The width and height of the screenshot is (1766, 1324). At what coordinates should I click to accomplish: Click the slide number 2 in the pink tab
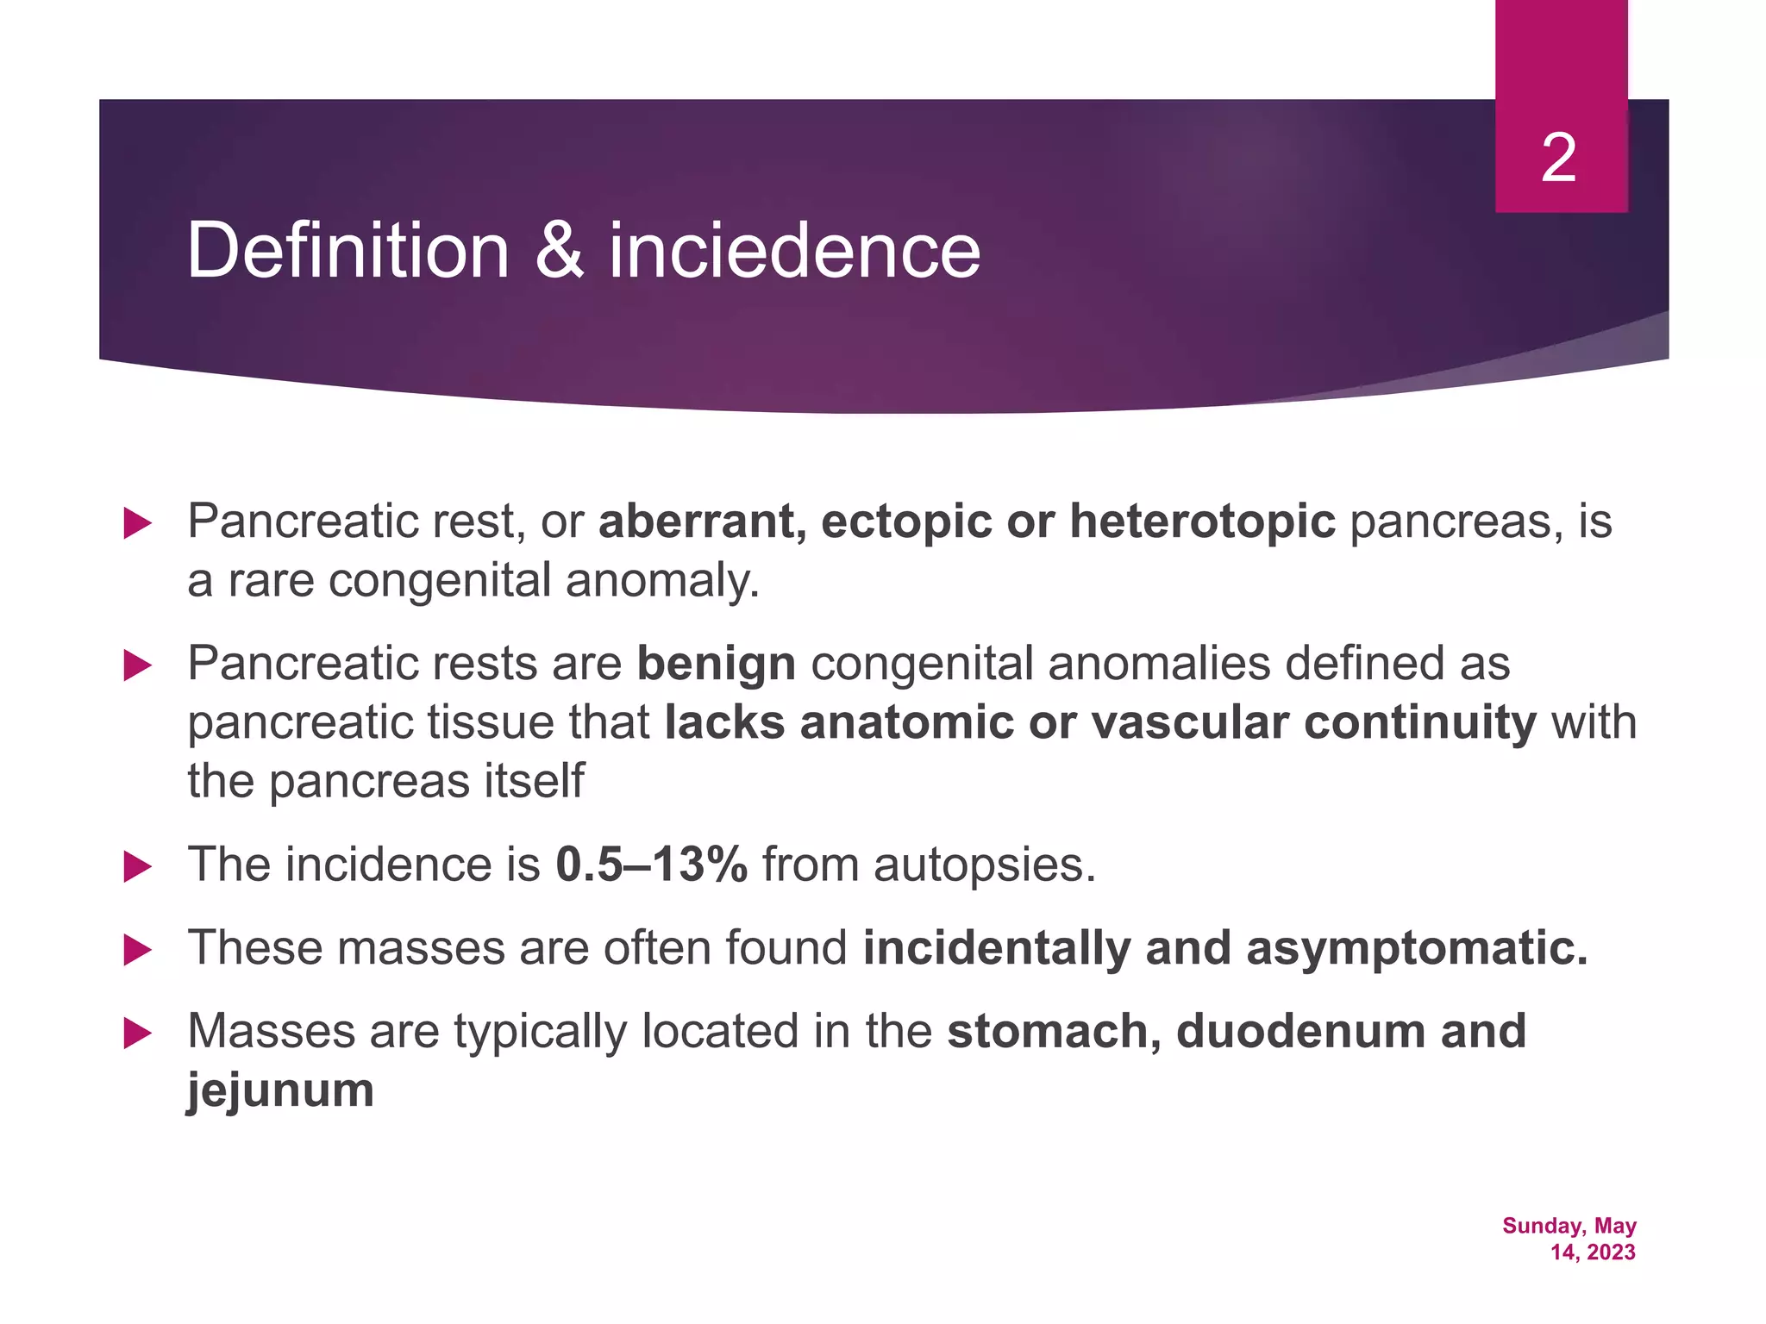1558,159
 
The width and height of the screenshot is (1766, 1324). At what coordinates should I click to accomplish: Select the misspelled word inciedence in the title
794,251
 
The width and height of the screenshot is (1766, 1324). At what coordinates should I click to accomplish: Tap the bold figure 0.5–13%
651,865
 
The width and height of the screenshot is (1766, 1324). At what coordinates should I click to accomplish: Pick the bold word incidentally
996,948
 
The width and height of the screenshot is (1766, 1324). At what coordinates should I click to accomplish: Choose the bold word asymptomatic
1416,948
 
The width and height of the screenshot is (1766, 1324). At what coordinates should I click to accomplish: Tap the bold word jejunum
281,1090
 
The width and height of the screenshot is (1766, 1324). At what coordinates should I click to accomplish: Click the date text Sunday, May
1569,1226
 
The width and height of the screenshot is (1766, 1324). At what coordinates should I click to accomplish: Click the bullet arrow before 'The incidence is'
137,866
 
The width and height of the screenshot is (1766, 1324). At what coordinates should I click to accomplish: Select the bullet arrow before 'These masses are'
137,950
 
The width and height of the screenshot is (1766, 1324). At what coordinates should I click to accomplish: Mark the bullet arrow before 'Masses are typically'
137,1033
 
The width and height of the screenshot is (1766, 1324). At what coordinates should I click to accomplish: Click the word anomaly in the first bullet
662,580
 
